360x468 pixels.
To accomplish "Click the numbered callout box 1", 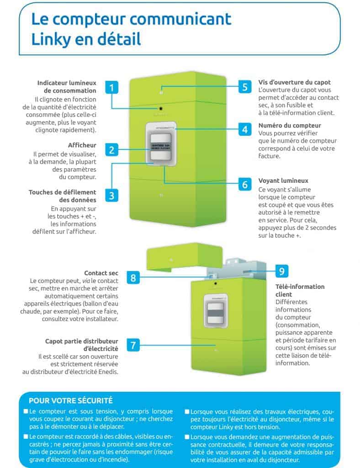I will (111, 87).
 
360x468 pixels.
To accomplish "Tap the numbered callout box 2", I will (111, 149).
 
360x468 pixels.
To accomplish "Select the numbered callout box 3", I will (111, 196).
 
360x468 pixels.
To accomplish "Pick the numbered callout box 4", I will (245, 129).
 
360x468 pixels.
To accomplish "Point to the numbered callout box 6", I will (245, 184).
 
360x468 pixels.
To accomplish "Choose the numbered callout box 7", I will (132, 345).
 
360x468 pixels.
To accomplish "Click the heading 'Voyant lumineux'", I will (283, 181).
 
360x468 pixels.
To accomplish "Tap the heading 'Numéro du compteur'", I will (290, 125).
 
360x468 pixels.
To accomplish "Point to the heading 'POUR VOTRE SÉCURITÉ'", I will (70, 401).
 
